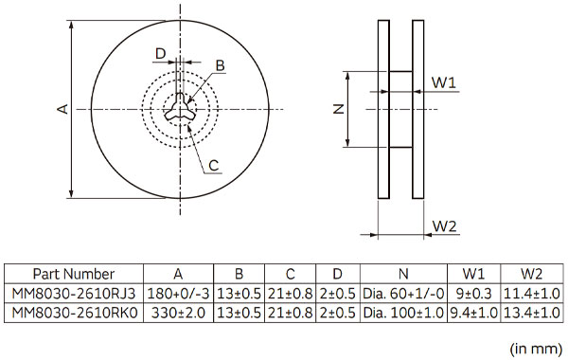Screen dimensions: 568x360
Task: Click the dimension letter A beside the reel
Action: tap(63, 109)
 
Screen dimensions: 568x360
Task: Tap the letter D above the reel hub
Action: tap(160, 54)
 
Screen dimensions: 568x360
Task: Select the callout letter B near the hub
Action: tap(220, 66)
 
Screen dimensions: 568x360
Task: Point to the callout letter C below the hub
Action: tap(214, 166)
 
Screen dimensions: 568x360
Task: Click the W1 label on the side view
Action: tap(443, 82)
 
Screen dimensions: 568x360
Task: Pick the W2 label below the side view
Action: tap(445, 226)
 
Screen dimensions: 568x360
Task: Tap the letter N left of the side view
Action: tap(339, 109)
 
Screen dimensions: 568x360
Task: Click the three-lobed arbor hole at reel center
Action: tap(180, 108)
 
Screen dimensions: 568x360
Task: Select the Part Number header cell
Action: tap(74, 274)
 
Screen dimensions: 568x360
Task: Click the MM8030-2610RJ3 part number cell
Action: tap(74, 294)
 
